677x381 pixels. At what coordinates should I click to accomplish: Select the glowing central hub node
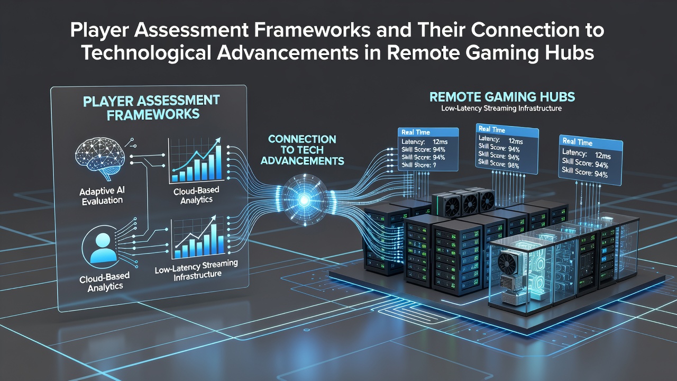click(304, 199)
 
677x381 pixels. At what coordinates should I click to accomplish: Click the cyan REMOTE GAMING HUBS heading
click(502, 97)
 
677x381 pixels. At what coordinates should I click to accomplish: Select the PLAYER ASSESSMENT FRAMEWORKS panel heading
click(151, 107)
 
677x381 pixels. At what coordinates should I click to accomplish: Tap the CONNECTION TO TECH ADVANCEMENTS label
click(302, 150)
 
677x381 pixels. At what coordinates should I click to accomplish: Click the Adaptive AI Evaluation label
click(102, 196)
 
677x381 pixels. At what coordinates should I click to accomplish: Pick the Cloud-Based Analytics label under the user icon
click(105, 282)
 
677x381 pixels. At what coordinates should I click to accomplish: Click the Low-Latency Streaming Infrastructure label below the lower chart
click(196, 270)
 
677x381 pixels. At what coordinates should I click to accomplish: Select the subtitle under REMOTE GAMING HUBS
click(501, 108)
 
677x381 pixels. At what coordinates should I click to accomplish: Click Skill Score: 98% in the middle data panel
click(499, 164)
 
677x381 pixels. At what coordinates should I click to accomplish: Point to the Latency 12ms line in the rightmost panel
click(587, 154)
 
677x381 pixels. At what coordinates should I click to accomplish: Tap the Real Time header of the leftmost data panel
click(416, 132)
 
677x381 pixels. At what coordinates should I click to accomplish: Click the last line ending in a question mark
click(419, 165)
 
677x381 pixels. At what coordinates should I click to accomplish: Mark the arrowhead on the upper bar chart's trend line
click(217, 141)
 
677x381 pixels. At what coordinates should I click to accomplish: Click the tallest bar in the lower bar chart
click(214, 240)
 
